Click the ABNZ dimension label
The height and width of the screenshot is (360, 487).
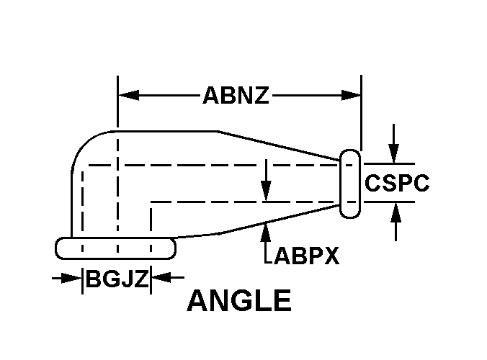click(236, 95)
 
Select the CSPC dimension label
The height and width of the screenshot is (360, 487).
click(397, 183)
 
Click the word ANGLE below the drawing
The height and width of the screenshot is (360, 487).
click(239, 301)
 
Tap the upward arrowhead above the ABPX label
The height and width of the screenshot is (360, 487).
click(267, 230)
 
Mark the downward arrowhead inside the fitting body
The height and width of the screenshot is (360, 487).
click(267, 191)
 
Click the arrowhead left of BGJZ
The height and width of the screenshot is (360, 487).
click(74, 277)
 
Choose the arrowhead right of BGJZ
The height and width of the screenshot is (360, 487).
click(160, 277)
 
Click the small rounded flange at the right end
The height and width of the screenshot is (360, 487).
click(349, 184)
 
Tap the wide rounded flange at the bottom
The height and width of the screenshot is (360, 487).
click(115, 248)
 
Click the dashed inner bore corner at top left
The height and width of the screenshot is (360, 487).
click(85, 167)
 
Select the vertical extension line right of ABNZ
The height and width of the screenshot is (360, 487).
click(361, 115)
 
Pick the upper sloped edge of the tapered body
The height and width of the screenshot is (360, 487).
click(281, 144)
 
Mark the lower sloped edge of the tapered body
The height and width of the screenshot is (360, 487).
click(281, 218)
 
